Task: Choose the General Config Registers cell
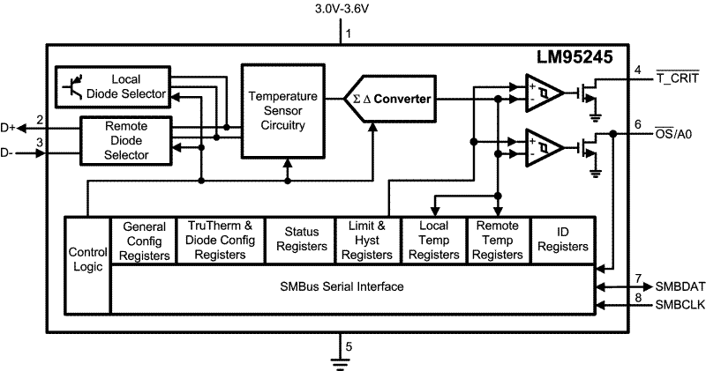[144, 240]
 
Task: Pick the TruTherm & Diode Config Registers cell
[220, 240]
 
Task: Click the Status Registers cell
[301, 240]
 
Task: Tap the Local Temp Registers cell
[432, 240]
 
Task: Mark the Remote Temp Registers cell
[497, 240]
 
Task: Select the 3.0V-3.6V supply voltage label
[342, 11]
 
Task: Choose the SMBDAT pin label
[680, 287]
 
